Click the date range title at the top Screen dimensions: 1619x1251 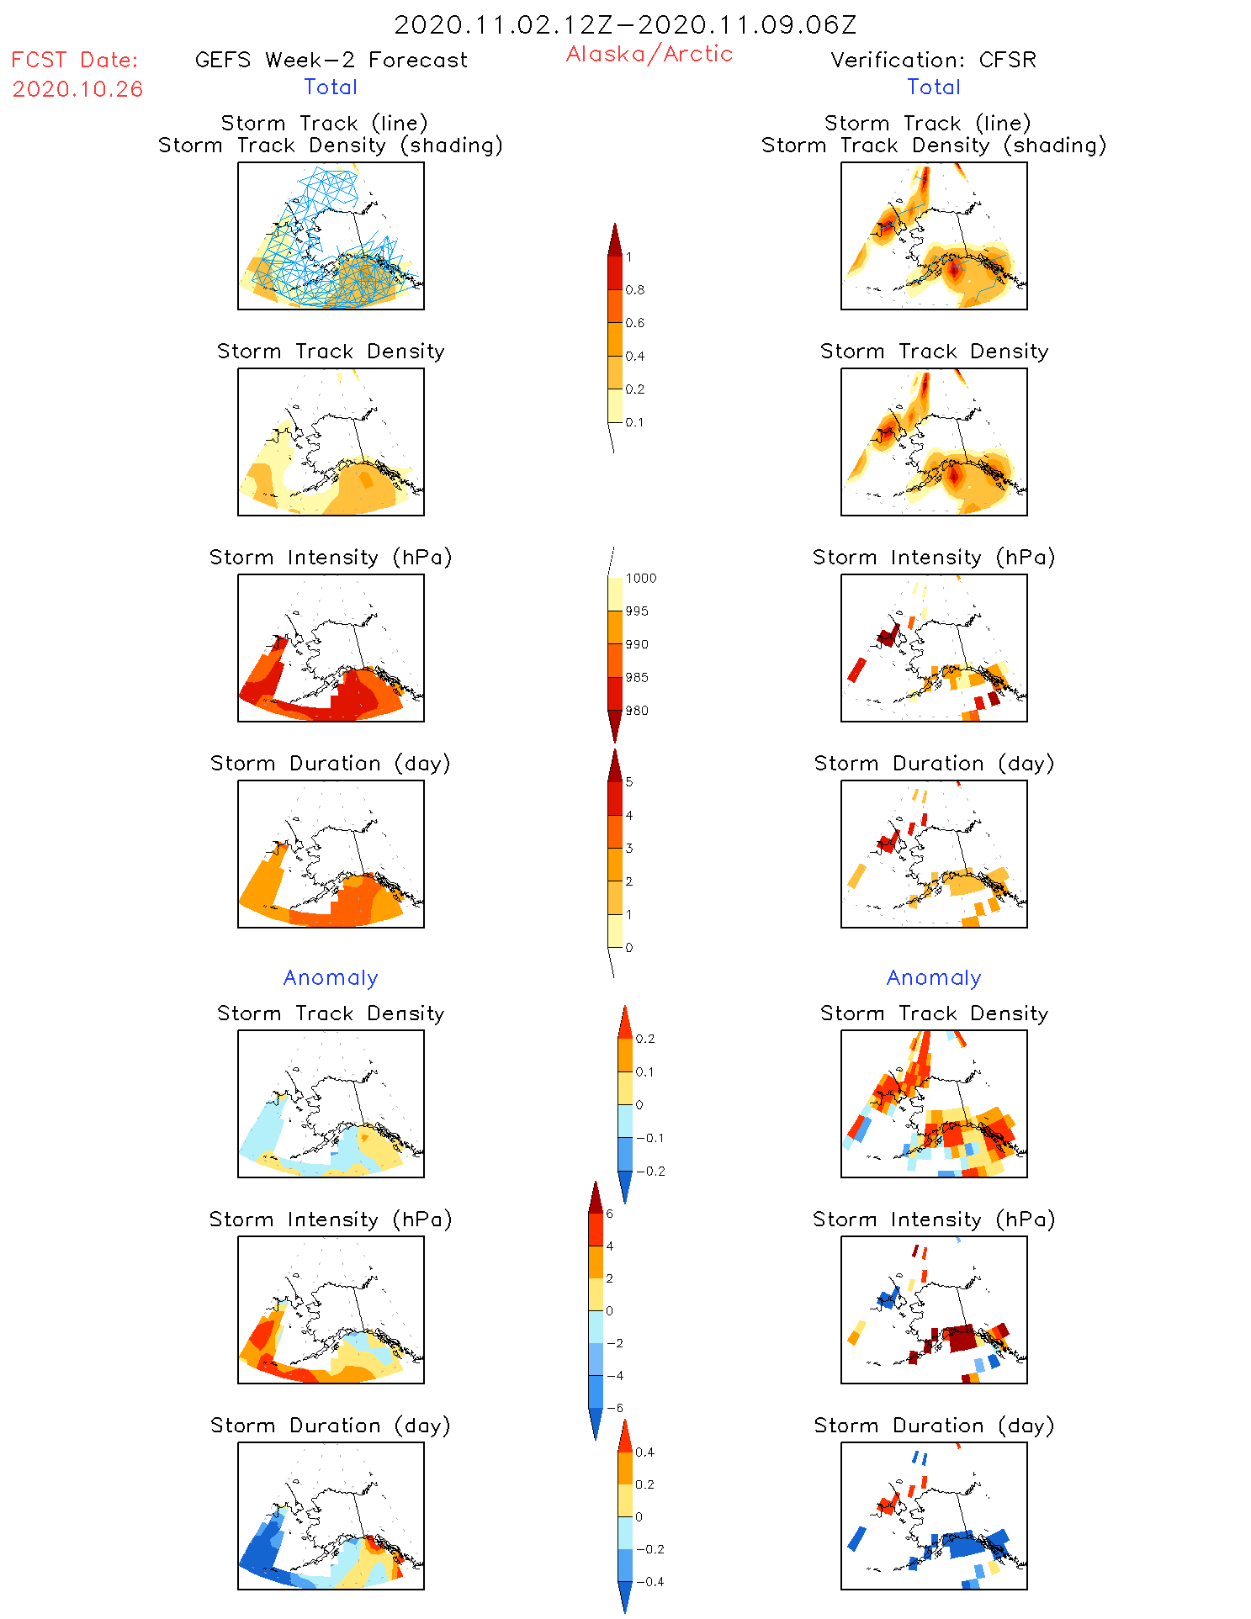625,25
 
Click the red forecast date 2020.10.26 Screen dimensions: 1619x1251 77,89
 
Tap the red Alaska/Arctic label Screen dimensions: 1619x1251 649,54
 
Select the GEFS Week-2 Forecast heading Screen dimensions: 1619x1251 331,60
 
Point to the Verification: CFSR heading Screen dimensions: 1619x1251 933,60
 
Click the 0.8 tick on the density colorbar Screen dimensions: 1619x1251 635,290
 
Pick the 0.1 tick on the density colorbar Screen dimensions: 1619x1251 634,422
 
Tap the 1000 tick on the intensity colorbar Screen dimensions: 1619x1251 640,579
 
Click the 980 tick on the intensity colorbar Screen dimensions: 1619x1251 637,711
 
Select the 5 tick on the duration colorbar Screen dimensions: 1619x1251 629,782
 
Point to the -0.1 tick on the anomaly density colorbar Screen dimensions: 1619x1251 649,1138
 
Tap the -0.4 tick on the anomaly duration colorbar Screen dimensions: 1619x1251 649,1581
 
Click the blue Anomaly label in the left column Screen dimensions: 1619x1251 331,977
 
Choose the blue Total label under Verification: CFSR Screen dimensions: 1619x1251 933,87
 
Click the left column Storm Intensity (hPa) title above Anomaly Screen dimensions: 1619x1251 331,557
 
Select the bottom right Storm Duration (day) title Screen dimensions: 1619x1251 934,1426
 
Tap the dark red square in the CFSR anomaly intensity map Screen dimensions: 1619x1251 961,1337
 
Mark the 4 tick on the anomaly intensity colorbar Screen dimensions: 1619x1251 610,1246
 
